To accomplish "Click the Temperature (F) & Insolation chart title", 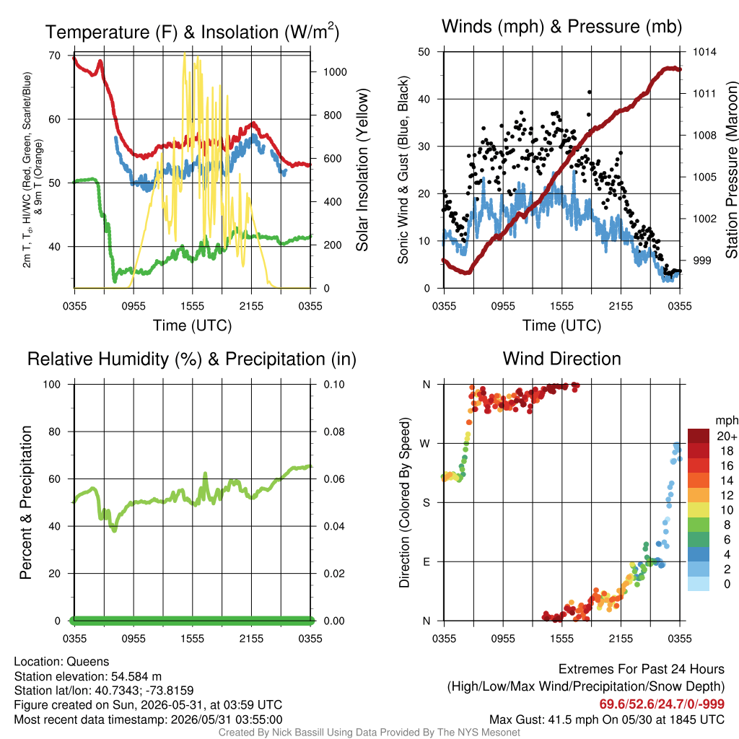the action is (192, 32).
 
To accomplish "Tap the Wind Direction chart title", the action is (561, 359).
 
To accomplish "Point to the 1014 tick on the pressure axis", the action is (704, 52).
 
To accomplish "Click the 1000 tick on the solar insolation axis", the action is (335, 72).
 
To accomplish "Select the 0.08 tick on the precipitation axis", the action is (334, 432).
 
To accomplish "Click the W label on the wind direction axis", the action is (425, 444).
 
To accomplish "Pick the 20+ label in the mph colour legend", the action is (727, 436).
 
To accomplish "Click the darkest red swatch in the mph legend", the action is (699, 436).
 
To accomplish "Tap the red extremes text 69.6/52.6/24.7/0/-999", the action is (662, 704).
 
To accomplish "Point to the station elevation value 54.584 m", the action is (136, 676).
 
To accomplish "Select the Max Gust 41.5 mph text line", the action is (606, 720).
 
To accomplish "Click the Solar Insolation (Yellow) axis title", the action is (362, 170).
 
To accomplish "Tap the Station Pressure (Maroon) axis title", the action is (731, 170).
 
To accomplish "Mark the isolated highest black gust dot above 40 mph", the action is (590, 92).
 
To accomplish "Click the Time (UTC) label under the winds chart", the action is (561, 325).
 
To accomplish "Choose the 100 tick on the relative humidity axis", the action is (52, 385).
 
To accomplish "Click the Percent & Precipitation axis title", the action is (25, 502).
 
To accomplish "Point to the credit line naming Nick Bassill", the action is (369, 733).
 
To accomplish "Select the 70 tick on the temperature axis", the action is (55, 56).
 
